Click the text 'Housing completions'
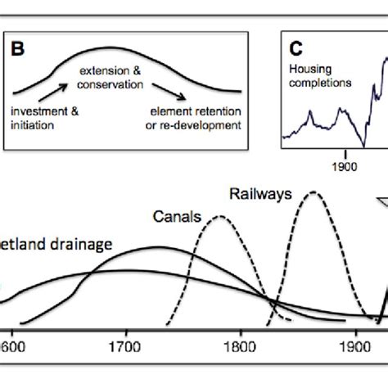319,76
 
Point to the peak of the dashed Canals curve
219,216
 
